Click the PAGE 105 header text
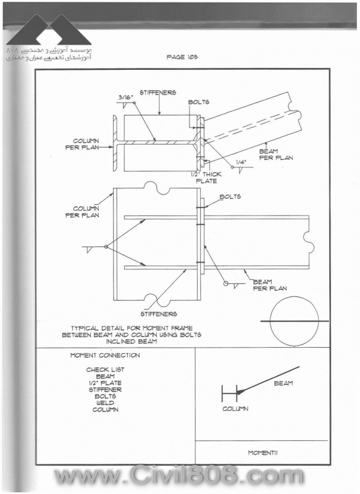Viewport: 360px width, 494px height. pos(182,57)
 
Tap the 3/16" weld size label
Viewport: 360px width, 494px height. pos(126,98)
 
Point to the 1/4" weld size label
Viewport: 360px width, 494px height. pos(241,162)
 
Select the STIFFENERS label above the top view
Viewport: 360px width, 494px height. pos(158,93)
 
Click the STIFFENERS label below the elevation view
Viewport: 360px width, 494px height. pos(159,314)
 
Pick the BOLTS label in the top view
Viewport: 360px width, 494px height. pos(199,102)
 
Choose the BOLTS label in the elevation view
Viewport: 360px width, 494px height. pos(230,196)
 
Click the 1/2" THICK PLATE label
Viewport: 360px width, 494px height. pos(206,178)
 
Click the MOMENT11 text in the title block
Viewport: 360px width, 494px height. pos(262,453)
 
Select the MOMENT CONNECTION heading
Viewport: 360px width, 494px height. pos(105,356)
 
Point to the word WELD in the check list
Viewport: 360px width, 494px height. pos(106,403)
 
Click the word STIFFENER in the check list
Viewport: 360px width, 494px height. pos(105,390)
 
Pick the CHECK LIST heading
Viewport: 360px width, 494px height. pos(105,369)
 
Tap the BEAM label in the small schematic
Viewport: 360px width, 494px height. pos(283,383)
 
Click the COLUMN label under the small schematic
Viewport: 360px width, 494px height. pos(235,409)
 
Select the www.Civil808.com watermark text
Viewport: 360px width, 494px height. pos(178,475)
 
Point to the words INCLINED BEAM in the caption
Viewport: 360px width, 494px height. pos(132,341)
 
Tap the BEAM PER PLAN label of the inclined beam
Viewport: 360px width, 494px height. pos(276,154)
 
